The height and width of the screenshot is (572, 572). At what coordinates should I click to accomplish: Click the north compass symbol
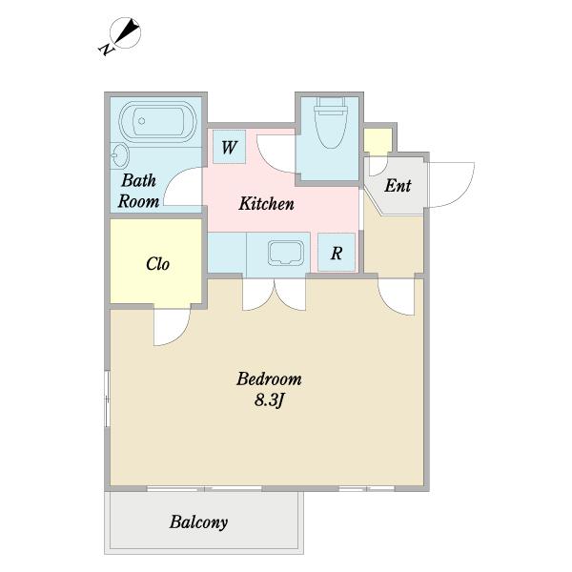pyautogui.click(x=126, y=32)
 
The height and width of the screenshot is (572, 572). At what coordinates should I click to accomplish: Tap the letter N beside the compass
pyautogui.click(x=106, y=49)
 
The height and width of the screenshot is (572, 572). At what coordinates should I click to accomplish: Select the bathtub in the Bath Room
pyautogui.click(x=158, y=121)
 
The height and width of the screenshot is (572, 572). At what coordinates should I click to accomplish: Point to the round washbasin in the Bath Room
pyautogui.click(x=119, y=155)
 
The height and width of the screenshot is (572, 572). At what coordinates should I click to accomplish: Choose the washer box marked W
pyautogui.click(x=229, y=147)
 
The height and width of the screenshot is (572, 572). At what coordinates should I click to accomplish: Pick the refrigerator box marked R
pyautogui.click(x=336, y=253)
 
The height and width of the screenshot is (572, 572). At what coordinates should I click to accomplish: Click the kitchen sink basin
pyautogui.click(x=286, y=253)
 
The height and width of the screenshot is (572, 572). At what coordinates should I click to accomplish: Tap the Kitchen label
pyautogui.click(x=266, y=204)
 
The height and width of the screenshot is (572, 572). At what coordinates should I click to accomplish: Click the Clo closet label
pyautogui.click(x=157, y=264)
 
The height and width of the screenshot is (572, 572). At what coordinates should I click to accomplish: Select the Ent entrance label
pyautogui.click(x=398, y=185)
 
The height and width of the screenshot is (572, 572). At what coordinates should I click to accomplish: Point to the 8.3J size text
pyautogui.click(x=269, y=400)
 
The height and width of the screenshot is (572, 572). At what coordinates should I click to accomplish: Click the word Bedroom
pyautogui.click(x=269, y=378)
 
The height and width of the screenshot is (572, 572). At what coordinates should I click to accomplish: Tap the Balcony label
pyautogui.click(x=199, y=522)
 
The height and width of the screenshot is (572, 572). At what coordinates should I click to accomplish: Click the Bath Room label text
pyautogui.click(x=138, y=191)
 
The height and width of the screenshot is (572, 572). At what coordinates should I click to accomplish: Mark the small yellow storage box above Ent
pyautogui.click(x=378, y=141)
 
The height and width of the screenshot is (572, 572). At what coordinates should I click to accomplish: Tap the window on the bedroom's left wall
pyautogui.click(x=107, y=398)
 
